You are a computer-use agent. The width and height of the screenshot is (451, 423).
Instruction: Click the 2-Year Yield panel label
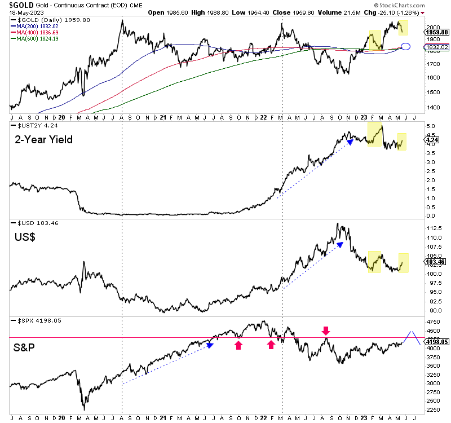(43, 139)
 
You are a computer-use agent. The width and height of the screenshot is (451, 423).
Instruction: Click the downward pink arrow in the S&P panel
(325, 329)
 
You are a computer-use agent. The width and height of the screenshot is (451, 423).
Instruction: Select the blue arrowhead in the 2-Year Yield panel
(350, 142)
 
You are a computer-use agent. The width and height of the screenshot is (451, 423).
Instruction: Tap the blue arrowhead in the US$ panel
(340, 244)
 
